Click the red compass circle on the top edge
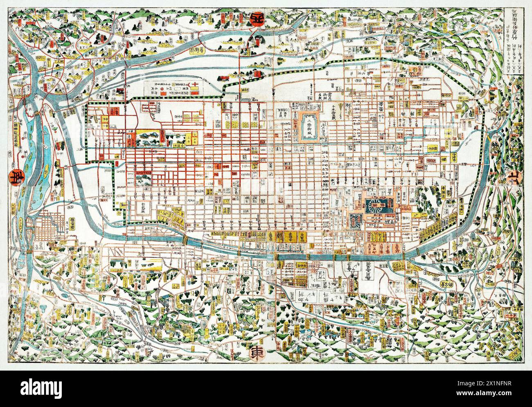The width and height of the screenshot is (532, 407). [257, 19]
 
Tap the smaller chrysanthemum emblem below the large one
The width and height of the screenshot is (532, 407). [354, 219]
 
